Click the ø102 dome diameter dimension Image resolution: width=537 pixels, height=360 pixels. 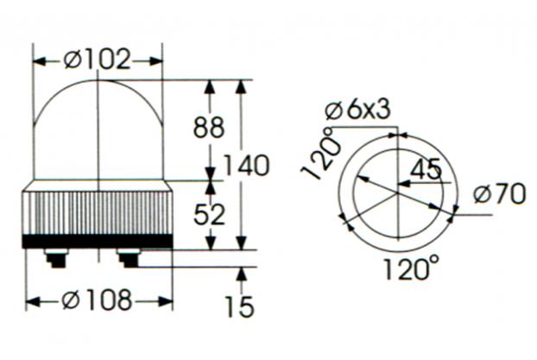click(98, 60)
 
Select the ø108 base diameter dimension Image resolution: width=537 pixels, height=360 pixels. click(98, 300)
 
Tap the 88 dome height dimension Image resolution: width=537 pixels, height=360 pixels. click(209, 128)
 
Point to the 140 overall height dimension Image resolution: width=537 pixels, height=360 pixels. click(247, 166)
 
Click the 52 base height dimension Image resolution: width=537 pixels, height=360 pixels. click(209, 214)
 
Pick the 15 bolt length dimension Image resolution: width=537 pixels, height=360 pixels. click(240, 306)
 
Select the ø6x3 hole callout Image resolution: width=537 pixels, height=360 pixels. click(358, 111)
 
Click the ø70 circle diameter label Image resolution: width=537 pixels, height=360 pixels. click(499, 193)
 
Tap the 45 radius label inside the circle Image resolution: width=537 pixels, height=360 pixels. click(426, 169)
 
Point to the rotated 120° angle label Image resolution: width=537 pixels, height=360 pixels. click(321, 155)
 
